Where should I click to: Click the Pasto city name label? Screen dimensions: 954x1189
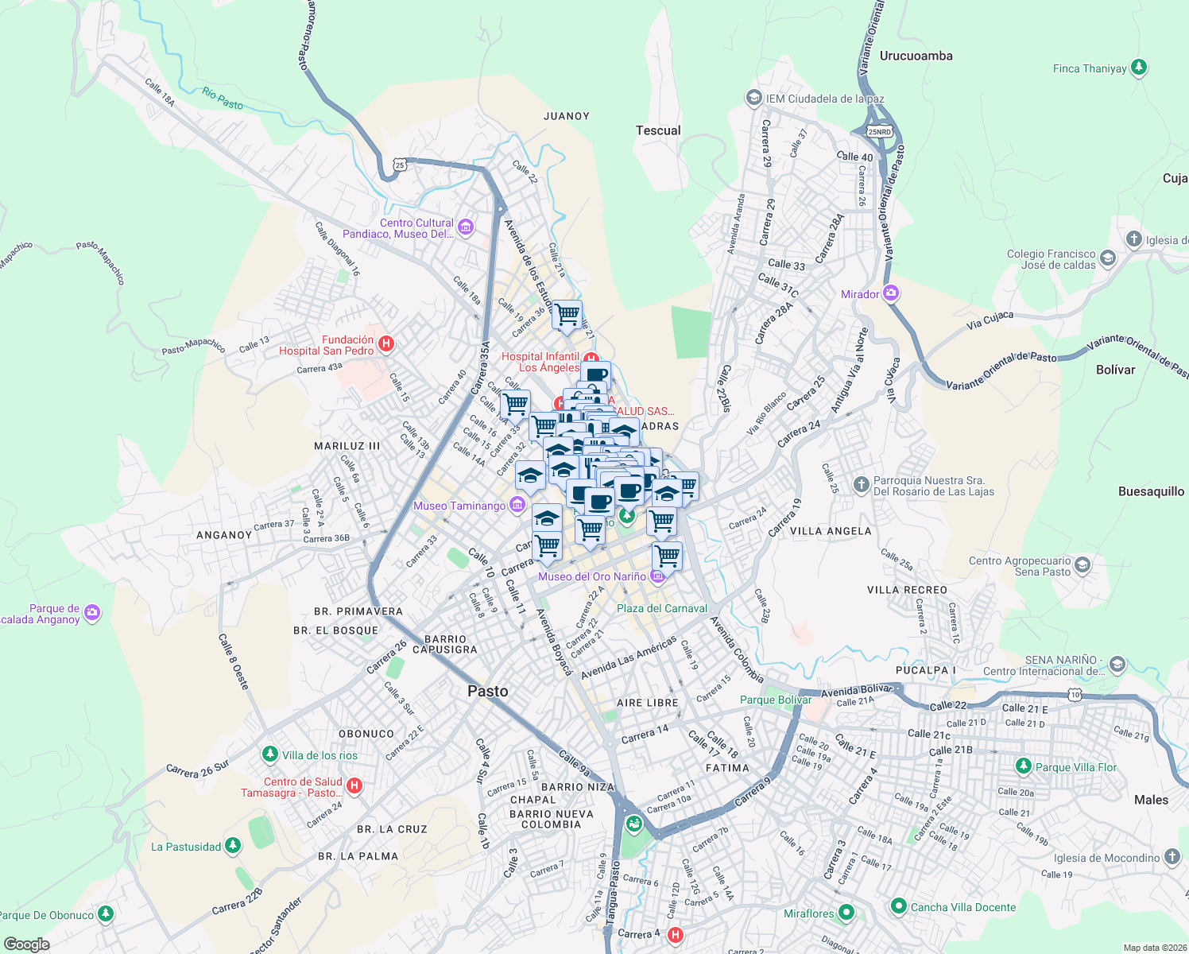point(487,691)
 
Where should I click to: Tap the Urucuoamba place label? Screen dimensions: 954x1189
point(916,56)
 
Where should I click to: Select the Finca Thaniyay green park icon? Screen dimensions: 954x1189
point(1139,68)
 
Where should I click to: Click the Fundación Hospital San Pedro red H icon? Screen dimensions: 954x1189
point(386,344)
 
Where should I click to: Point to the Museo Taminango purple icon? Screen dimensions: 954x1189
point(517,505)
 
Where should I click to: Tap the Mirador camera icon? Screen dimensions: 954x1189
point(891,293)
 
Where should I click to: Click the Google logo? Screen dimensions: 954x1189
point(26,944)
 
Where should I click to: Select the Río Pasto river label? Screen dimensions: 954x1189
point(223,99)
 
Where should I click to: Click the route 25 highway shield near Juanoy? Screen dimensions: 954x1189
point(400,165)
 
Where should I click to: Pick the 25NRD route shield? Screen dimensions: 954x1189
point(879,131)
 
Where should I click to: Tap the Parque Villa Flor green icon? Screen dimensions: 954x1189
point(1024,766)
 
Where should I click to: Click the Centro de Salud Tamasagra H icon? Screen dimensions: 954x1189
point(354,786)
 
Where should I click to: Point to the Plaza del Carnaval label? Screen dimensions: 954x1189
point(661,608)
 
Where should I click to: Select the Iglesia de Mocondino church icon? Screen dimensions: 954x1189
point(1172,857)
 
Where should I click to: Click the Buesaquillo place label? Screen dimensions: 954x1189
point(1151,491)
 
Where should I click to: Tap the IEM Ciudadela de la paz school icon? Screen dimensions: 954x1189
point(753,98)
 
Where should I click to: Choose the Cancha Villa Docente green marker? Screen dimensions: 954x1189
point(899,906)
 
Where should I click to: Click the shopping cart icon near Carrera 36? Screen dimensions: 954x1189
point(567,316)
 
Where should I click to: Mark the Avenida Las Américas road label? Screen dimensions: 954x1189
point(629,657)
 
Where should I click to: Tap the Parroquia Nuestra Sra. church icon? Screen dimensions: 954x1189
point(861,485)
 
